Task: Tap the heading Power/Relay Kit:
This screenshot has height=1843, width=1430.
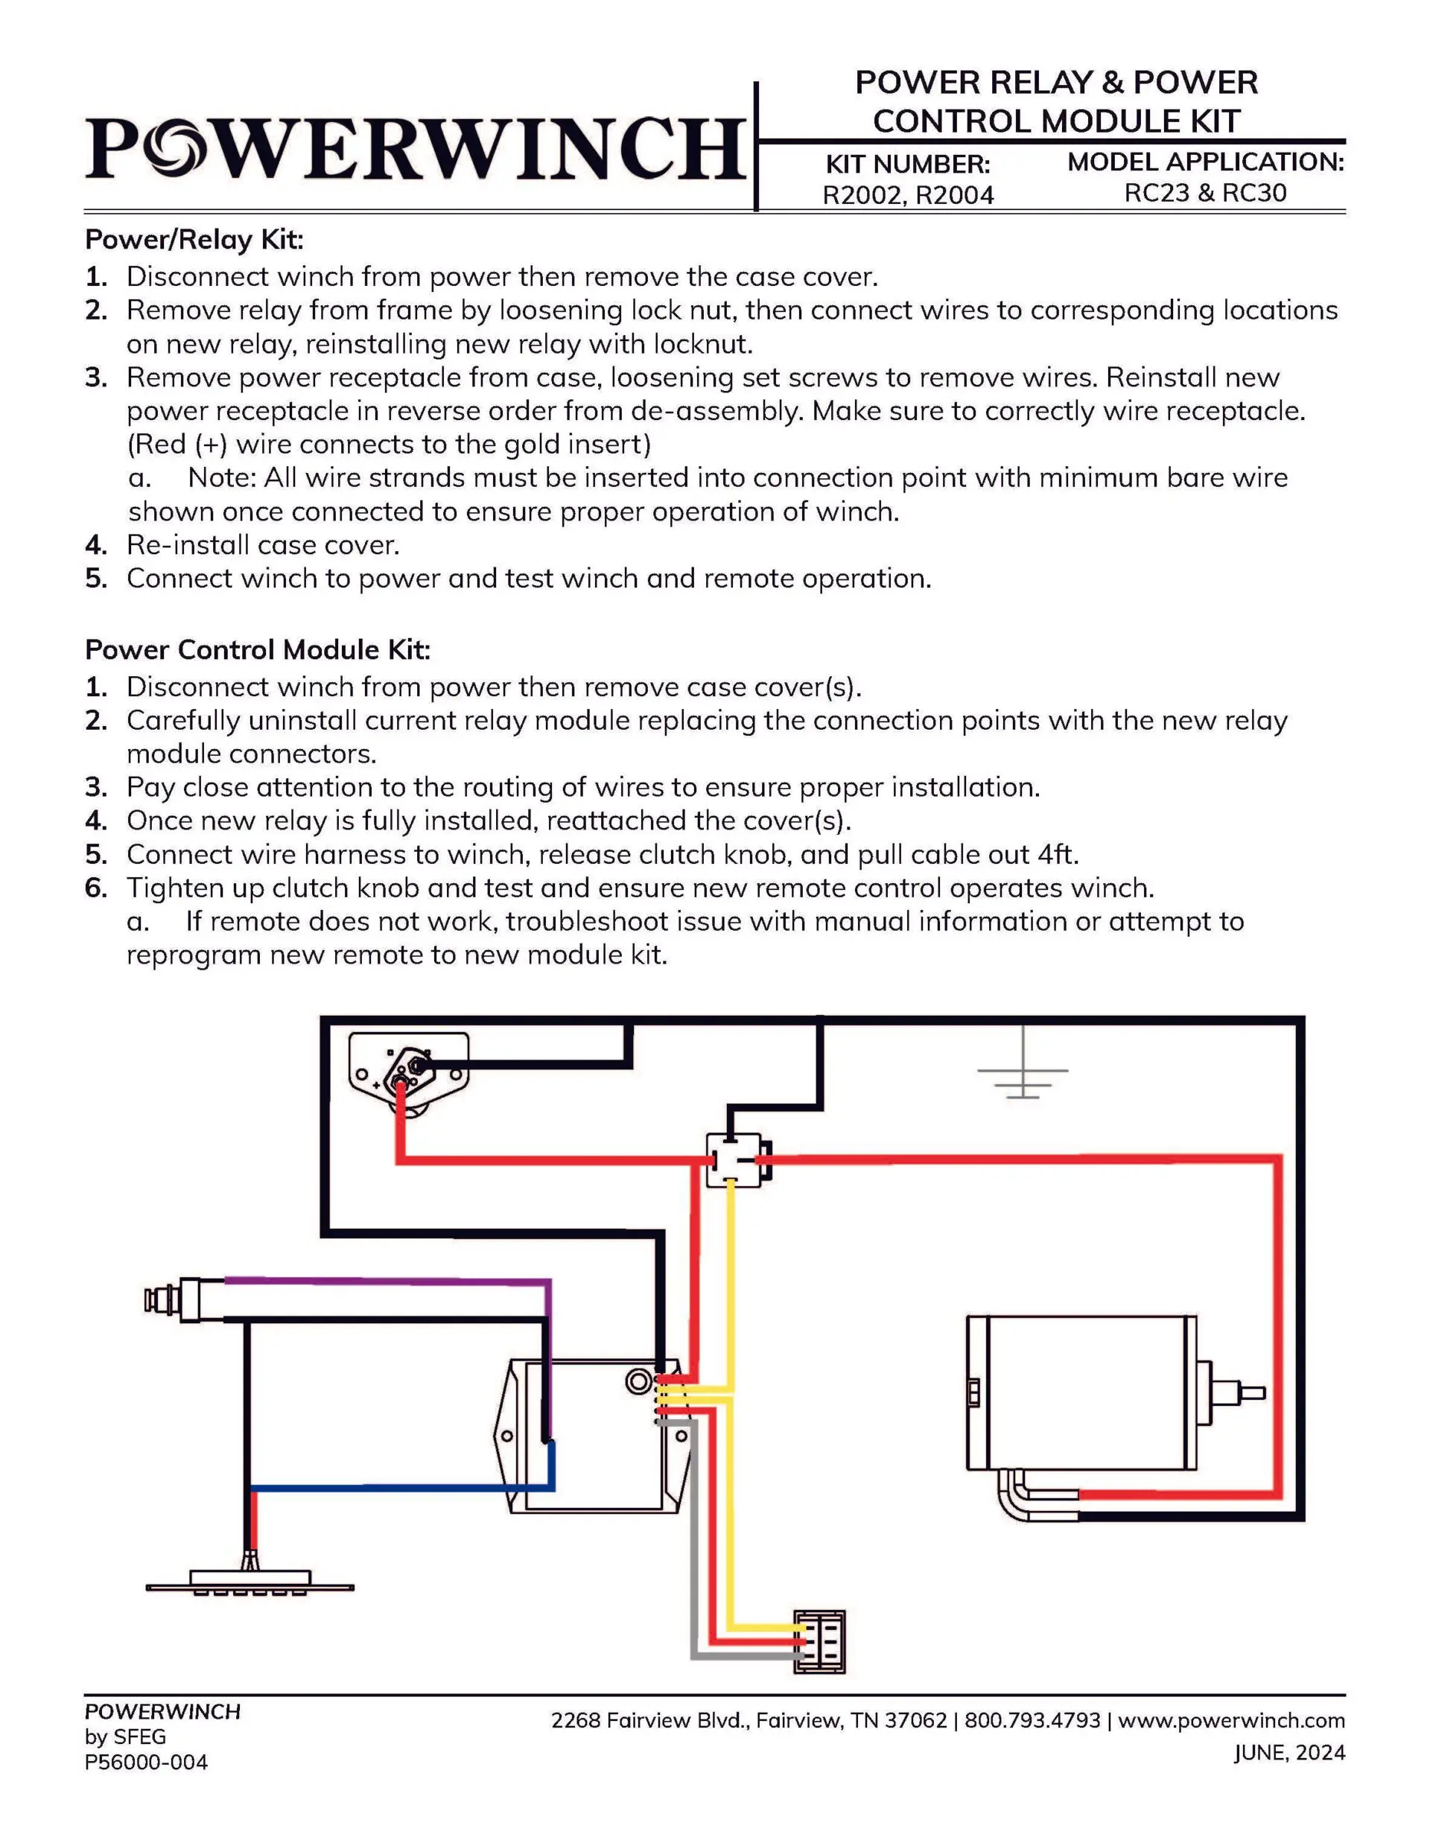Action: click(194, 240)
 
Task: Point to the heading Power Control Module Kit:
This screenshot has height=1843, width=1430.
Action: click(258, 650)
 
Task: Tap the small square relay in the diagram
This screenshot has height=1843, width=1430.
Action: click(734, 1160)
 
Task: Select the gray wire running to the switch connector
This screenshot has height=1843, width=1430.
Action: click(694, 1561)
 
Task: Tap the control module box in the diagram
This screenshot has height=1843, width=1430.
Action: click(591, 1435)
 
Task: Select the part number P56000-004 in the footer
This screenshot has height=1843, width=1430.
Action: click(146, 1763)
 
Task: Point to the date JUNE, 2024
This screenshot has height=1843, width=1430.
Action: click(1289, 1754)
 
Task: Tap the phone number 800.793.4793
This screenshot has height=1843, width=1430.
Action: click(1032, 1721)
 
